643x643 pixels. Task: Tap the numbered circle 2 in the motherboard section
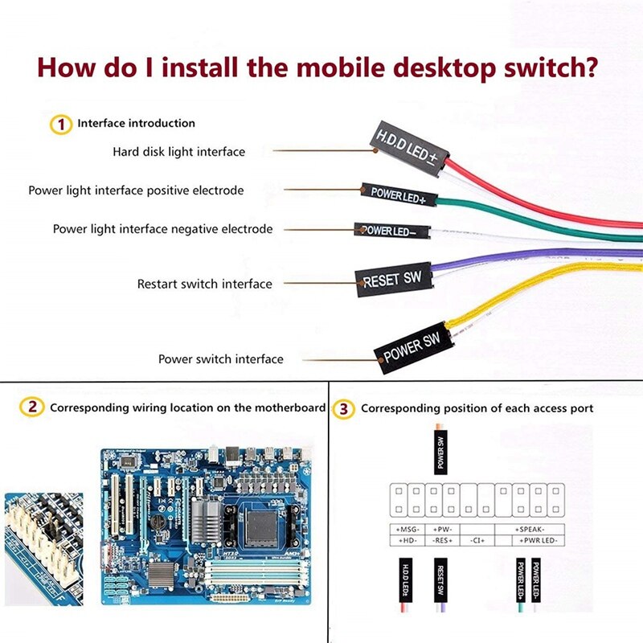pos(32,408)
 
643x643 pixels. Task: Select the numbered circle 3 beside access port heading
pos(344,409)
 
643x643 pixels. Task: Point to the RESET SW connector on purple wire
pos(392,280)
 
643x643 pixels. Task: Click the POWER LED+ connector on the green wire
pos(397,194)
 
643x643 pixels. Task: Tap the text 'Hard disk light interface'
pos(178,151)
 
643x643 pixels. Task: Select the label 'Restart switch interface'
pos(204,284)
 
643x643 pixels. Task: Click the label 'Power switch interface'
pos(220,359)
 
